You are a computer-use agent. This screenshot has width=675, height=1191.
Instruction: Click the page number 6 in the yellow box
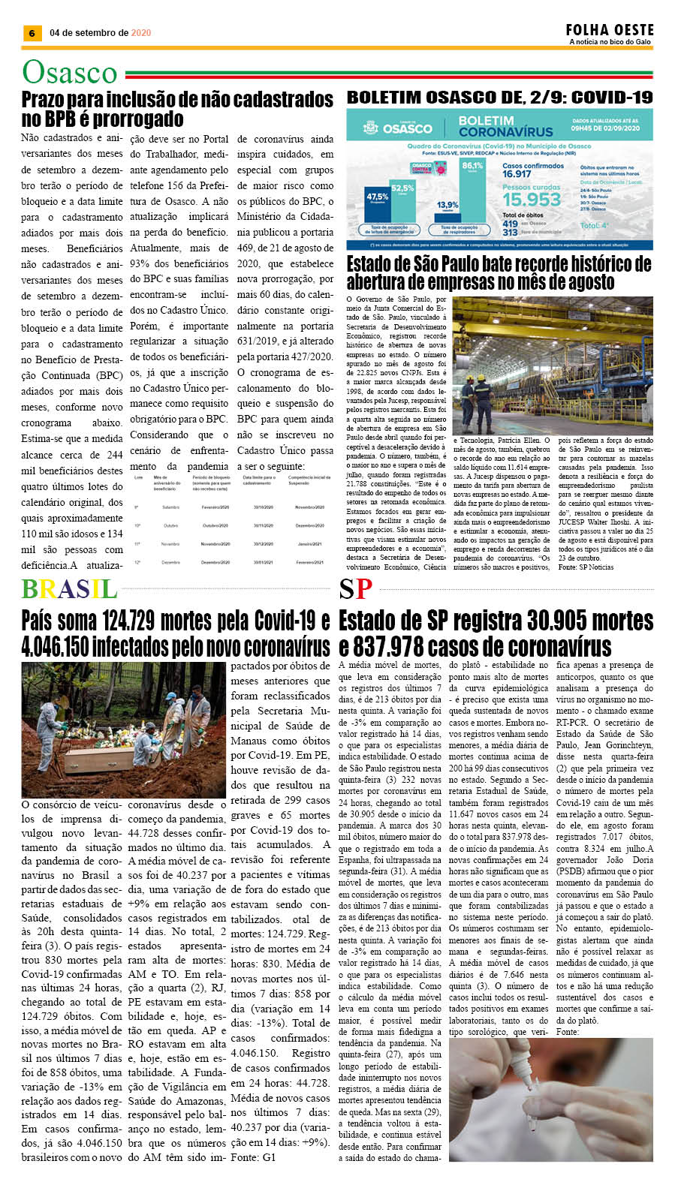(32, 33)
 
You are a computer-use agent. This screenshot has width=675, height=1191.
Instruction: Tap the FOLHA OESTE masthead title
(610, 30)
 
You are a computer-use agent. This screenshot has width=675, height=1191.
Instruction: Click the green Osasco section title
(70, 73)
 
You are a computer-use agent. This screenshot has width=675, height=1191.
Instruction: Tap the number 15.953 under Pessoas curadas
(532, 200)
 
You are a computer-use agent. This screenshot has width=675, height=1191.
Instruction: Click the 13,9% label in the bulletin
(447, 205)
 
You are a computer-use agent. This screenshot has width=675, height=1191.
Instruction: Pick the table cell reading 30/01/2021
(263, 562)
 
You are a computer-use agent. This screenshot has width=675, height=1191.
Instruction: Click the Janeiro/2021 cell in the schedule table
(309, 544)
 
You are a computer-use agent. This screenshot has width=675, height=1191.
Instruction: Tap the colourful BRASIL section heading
(69, 589)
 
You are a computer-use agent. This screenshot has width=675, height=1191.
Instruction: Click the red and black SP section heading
(355, 589)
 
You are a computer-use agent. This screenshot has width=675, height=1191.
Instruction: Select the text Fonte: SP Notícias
(586, 567)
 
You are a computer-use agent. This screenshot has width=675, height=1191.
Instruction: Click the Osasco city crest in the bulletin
(369, 128)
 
